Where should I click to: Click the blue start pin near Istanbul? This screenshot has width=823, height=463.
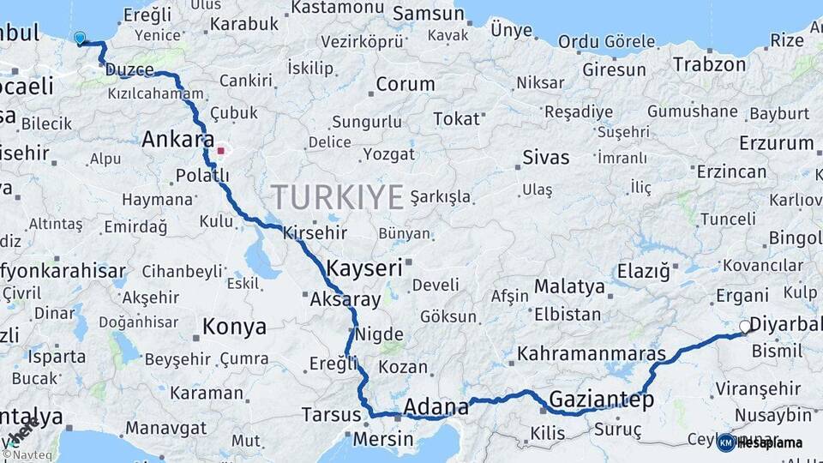click(80, 38)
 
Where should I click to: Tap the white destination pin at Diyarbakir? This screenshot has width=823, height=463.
click(745, 327)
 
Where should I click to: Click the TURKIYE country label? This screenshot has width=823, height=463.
click(337, 197)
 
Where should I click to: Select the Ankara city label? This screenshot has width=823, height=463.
click(178, 139)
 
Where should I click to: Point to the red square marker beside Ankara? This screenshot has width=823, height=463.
click(220, 151)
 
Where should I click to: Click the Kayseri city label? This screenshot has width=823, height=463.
click(363, 268)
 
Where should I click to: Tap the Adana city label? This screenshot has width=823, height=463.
click(436, 406)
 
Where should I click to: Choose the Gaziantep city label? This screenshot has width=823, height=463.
click(601, 400)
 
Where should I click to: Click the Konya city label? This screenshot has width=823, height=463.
click(234, 327)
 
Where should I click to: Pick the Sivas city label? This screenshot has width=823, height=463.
click(546, 158)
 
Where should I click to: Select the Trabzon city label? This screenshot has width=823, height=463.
click(709, 63)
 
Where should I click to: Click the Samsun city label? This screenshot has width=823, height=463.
click(429, 15)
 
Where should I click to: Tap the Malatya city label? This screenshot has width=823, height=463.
click(569, 286)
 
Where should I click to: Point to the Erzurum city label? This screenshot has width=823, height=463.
click(776, 143)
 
